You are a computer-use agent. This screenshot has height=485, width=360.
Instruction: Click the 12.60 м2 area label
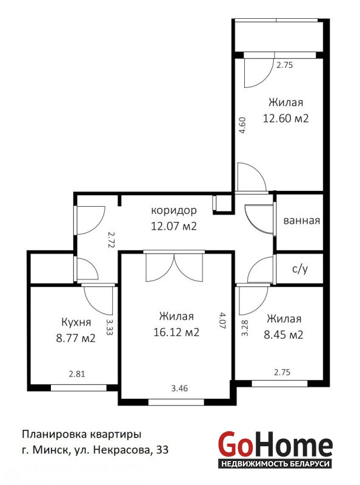point(285,118)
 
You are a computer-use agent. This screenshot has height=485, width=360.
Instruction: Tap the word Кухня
point(76,323)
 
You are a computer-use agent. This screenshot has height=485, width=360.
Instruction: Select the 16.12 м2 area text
point(176,332)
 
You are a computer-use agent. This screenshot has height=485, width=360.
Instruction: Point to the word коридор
point(174,210)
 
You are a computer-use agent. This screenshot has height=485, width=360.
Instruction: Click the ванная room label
point(302,221)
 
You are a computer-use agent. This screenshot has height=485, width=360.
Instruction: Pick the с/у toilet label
point(299,269)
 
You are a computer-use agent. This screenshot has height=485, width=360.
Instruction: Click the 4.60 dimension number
point(243,125)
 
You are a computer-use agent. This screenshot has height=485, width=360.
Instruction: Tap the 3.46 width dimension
point(179,388)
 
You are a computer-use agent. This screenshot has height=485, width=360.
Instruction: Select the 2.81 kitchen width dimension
point(76,374)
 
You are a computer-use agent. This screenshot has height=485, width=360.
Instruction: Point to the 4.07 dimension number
point(222,321)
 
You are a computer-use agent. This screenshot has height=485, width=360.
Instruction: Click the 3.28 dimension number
point(245,328)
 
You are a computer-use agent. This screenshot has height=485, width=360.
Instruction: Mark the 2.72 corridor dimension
point(112,239)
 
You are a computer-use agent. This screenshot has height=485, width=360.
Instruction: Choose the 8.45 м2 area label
point(283,335)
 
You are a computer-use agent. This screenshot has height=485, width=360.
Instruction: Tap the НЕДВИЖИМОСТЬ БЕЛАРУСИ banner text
point(275,464)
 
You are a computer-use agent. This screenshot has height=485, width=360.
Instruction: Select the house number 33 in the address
point(162,449)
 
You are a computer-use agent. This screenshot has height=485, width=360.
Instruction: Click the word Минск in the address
point(50,450)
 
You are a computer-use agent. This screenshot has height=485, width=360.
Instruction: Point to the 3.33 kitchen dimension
point(110,327)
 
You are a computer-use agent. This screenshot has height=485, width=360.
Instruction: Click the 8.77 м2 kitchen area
point(76,338)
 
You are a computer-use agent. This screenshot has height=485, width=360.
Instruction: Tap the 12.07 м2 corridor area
point(174,226)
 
